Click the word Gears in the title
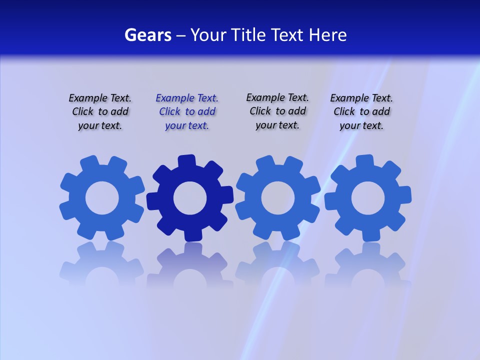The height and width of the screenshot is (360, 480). click(147, 35)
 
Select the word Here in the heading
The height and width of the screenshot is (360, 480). click(327, 35)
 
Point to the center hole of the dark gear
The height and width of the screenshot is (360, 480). click(190, 198)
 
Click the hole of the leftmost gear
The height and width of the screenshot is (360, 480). click(102, 198)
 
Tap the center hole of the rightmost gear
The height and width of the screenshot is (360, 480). click(368, 198)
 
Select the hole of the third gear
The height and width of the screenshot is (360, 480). click(277, 198)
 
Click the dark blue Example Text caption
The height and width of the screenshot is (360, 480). click(187, 111)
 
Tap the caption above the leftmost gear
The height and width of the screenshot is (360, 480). click(100, 111)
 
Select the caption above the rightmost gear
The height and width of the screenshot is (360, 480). click(361, 111)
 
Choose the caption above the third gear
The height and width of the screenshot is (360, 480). click(277, 111)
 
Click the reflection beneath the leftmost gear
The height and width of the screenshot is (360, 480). click(102, 265)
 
